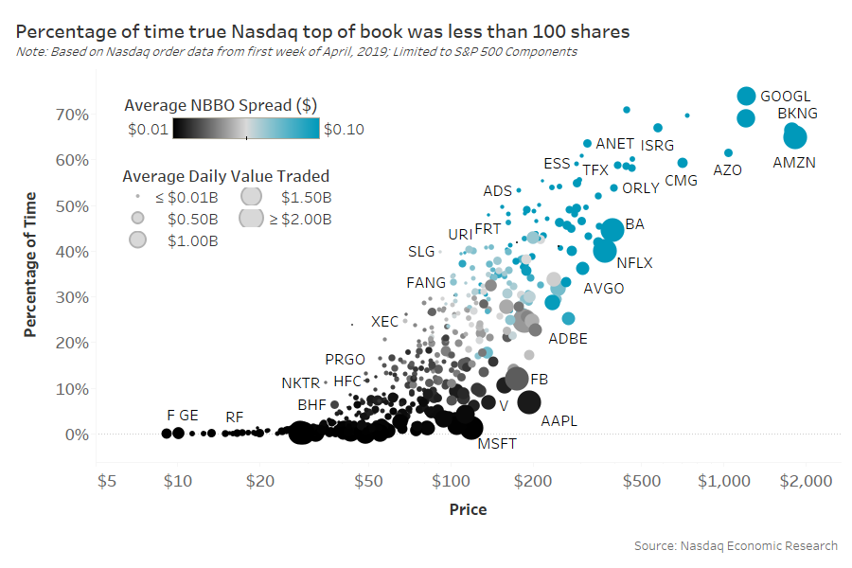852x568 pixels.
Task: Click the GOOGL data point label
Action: pos(786,97)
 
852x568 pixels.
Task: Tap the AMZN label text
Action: pos(793,163)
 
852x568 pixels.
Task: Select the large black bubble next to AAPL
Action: pos(528,401)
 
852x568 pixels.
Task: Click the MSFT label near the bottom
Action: pos(497,443)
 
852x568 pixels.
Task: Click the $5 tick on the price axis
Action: pos(107,481)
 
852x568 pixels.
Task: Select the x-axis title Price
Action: pos(468,509)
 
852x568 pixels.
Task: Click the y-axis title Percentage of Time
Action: pos(31,264)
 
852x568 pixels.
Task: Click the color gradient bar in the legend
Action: pos(246,129)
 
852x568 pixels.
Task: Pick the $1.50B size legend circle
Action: pos(251,197)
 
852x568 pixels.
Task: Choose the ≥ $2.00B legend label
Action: pos(299,219)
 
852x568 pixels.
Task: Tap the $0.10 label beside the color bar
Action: pos(344,130)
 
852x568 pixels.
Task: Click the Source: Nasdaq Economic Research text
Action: pos(736,545)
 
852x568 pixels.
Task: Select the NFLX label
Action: pos(634,262)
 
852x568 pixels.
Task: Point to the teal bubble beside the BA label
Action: pos(612,229)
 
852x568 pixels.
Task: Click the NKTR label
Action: pos(300,383)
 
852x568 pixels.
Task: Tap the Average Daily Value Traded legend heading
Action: pos(226,175)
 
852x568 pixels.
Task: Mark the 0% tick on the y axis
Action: pos(77,435)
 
